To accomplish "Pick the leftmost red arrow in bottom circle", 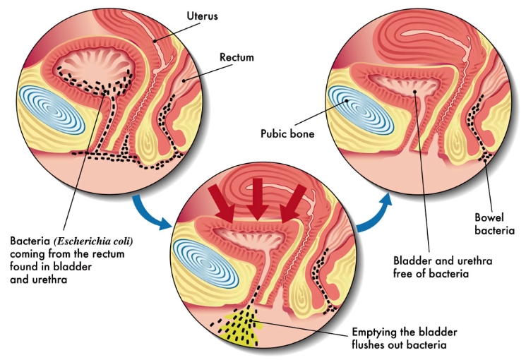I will pyautogui.click(x=224, y=201).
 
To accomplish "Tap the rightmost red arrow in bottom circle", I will pyautogui.click(x=292, y=200).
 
